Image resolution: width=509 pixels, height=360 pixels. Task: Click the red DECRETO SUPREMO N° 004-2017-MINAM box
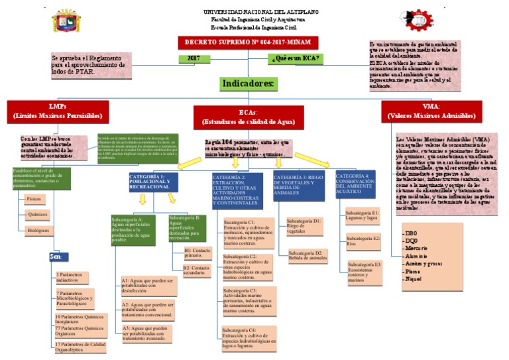tap(248, 43)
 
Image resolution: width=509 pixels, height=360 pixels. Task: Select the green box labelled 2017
tap(194, 59)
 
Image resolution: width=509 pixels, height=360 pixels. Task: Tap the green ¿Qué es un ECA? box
tap(296, 59)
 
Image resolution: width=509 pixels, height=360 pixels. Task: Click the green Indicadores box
tap(248, 84)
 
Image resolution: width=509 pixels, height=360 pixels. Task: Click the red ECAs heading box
tap(248, 117)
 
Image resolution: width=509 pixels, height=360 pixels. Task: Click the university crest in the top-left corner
tap(67, 21)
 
